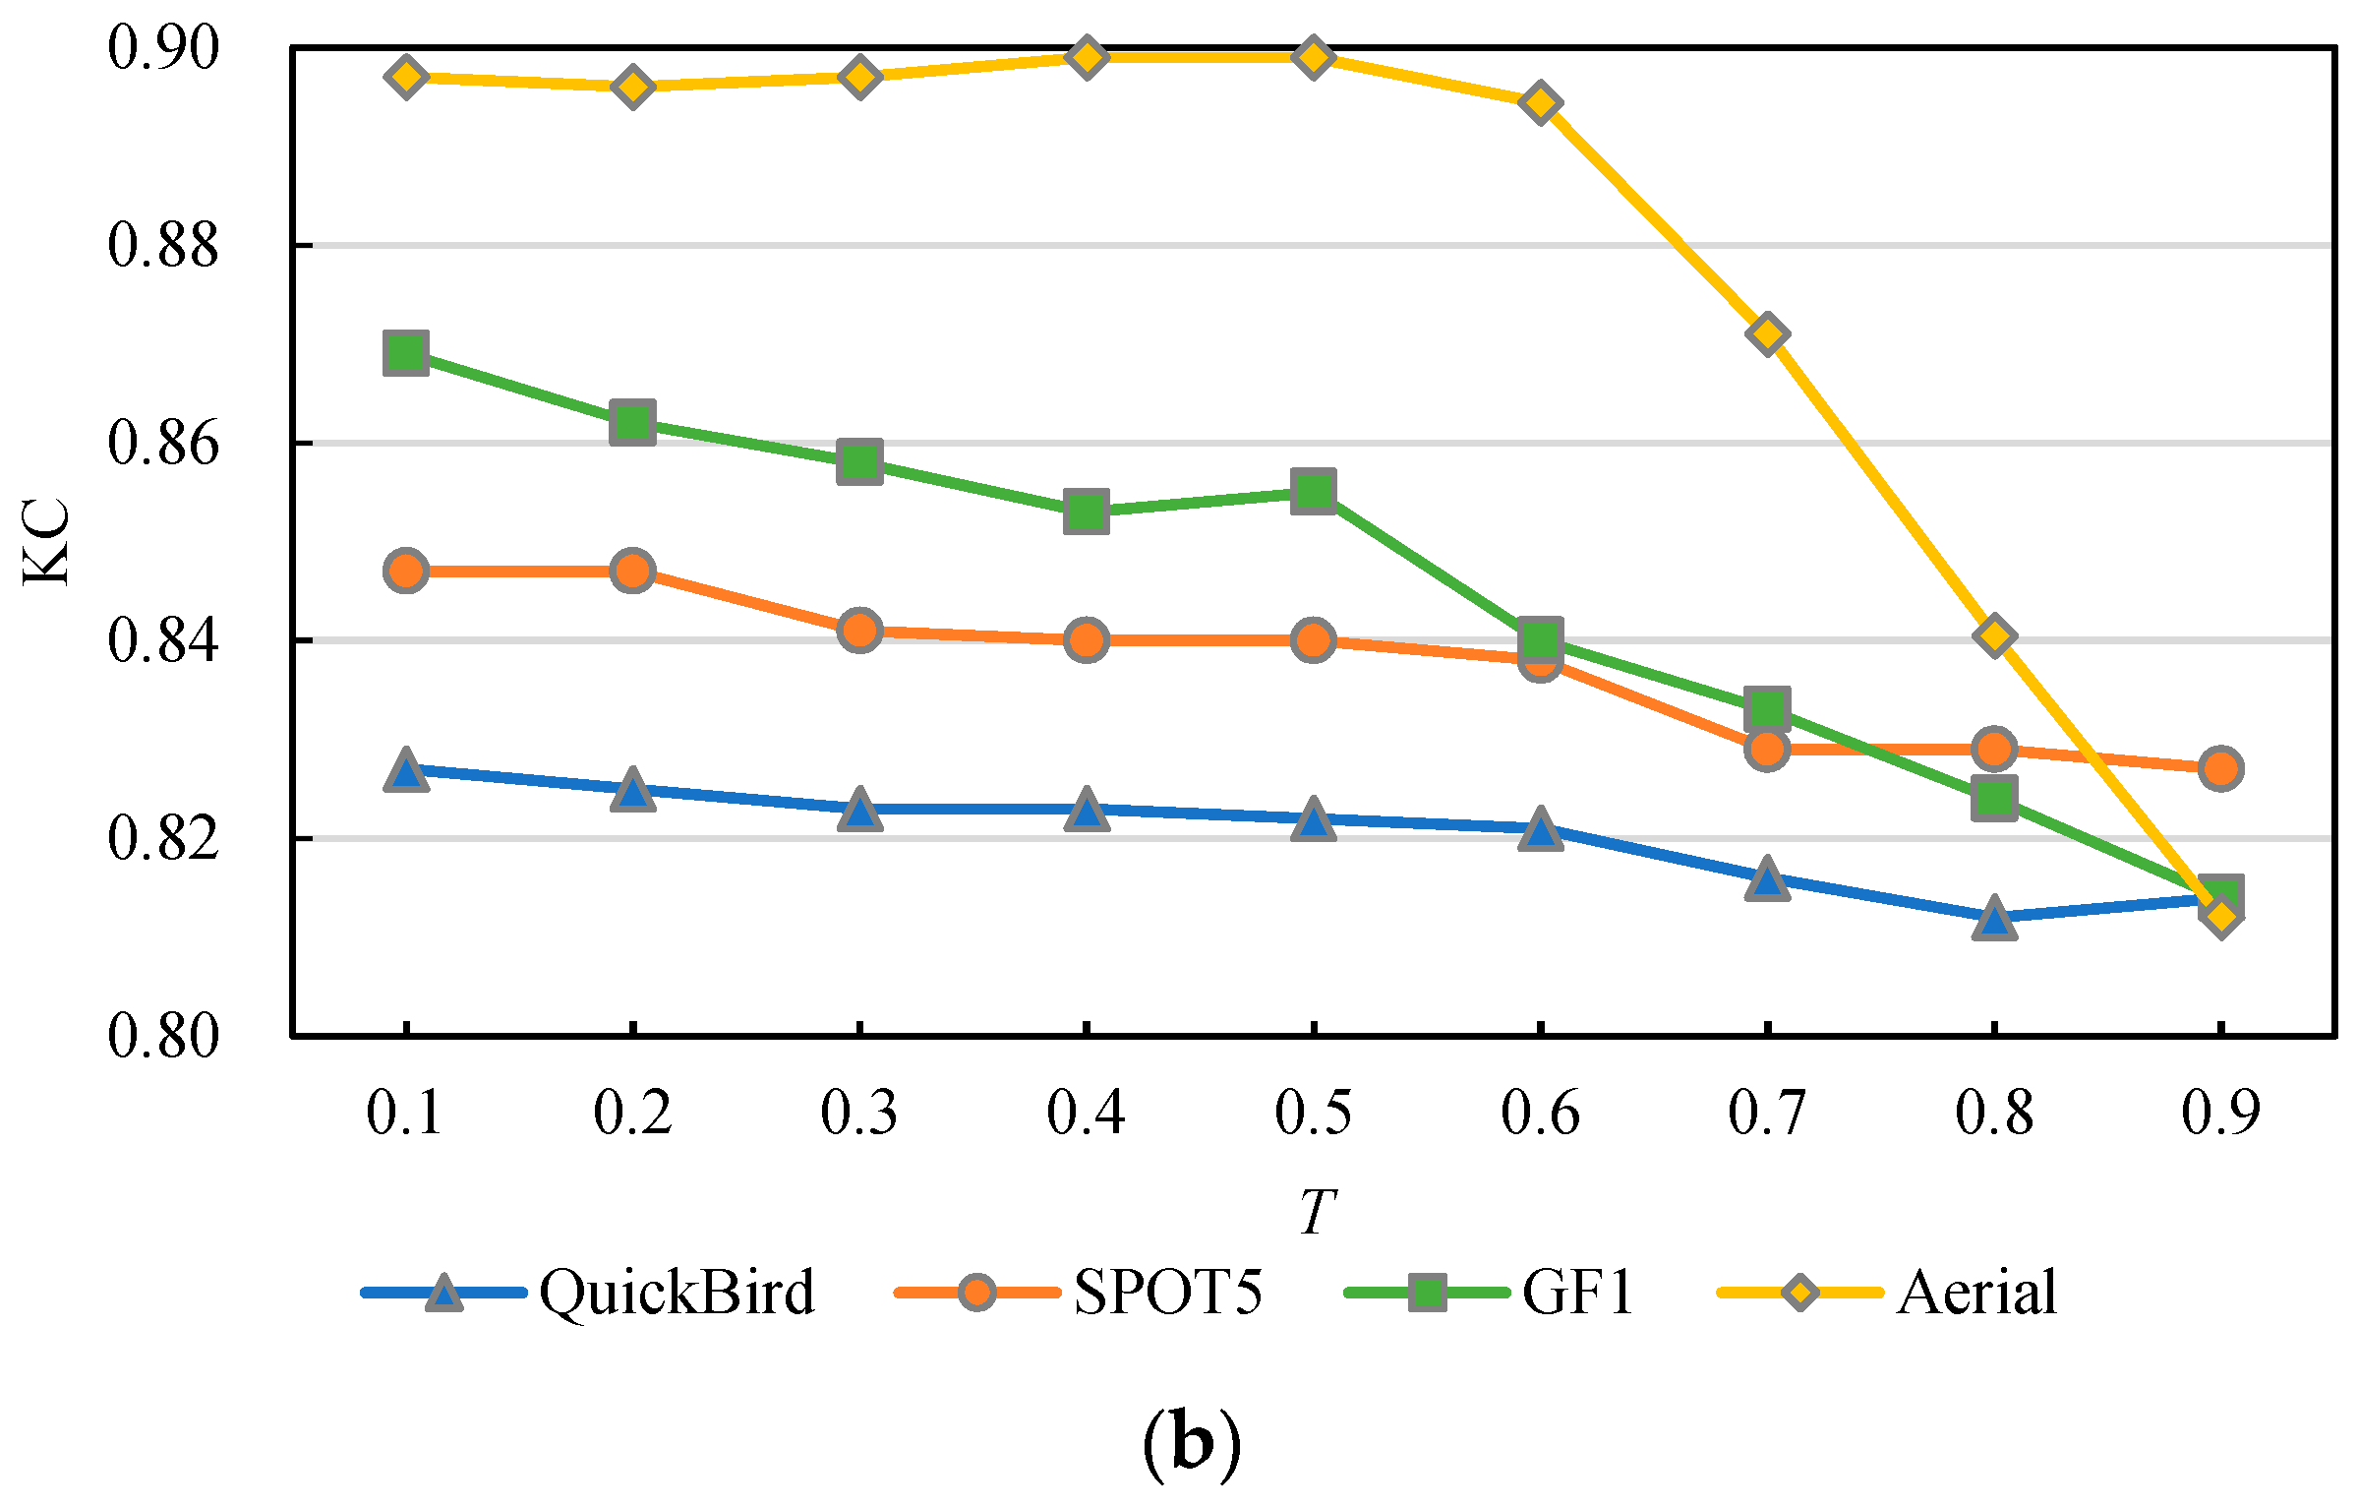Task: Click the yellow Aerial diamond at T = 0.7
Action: pos(1767,334)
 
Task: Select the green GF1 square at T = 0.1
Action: pos(406,352)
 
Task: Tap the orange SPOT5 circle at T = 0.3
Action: pos(859,630)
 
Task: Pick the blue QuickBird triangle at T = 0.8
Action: pos(1994,919)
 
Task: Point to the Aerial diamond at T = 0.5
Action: pos(1314,57)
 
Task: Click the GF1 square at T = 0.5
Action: pos(1314,491)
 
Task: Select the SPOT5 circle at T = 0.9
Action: pos(2221,768)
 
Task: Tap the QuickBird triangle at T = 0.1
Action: pos(406,769)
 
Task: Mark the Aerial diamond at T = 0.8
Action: pos(1994,636)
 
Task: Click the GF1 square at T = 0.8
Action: pos(1994,798)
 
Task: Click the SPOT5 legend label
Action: pos(1167,1293)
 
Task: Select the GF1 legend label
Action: pos(1578,1293)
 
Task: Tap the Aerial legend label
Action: pos(1977,1293)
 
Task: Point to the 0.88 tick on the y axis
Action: pos(163,245)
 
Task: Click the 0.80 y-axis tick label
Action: pos(163,1036)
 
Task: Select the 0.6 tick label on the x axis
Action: pos(1540,1114)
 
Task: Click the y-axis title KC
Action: pos(45,542)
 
